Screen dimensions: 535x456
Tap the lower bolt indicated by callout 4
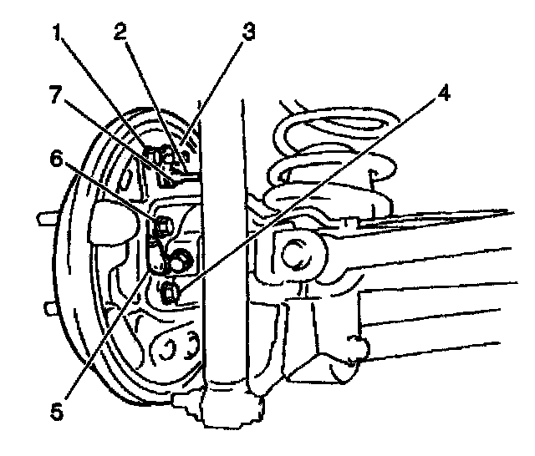tap(169, 291)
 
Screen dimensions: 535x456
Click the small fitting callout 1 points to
tap(153, 154)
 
